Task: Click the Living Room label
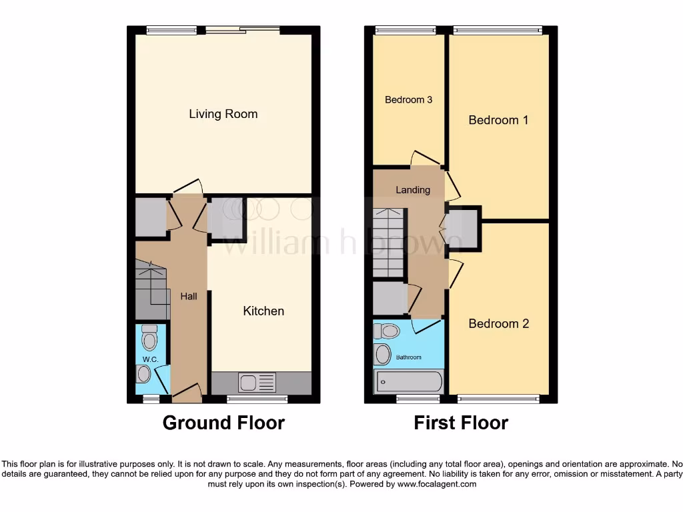(223, 114)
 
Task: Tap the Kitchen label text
(263, 311)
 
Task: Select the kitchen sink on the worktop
(257, 383)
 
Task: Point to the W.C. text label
(149, 360)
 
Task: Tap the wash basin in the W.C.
(143, 375)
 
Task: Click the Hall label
(189, 296)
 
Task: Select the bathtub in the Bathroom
(409, 382)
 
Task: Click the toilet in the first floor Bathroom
(387, 331)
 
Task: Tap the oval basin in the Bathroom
(383, 355)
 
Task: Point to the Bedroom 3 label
(408, 100)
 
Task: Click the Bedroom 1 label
(498, 121)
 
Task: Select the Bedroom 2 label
(498, 324)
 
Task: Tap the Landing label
(413, 190)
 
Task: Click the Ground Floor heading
(223, 423)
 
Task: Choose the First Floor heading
(461, 423)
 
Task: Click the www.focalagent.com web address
(436, 484)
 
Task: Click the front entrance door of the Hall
(187, 395)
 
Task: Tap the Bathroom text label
(409, 357)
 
